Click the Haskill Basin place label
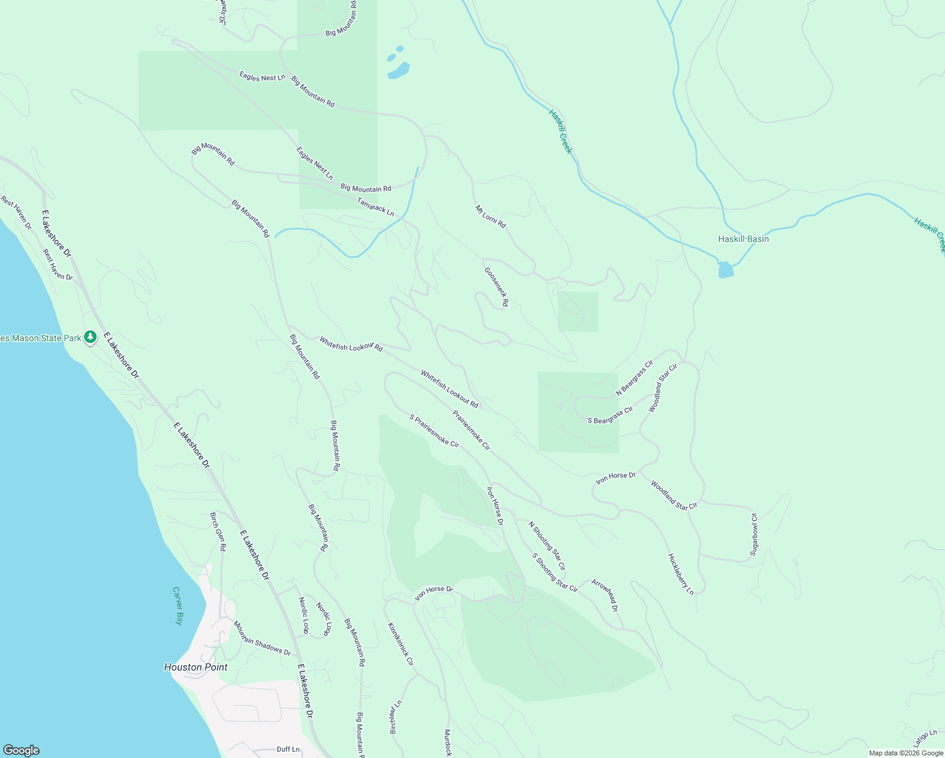(743, 239)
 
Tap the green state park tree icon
(90, 337)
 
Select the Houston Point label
(196, 667)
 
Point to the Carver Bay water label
(178, 606)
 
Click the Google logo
(21, 750)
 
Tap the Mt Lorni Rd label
(491, 216)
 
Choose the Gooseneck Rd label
(497, 287)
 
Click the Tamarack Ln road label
(375, 207)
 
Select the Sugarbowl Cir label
(754, 534)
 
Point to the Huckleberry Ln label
(681, 574)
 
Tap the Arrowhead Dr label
(605, 595)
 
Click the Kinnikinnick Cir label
(400, 644)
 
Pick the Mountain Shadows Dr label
(262, 638)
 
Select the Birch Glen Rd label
(218, 531)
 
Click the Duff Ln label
(288, 749)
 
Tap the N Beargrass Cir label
(634, 378)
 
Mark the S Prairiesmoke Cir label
(434, 430)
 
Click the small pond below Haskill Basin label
(726, 270)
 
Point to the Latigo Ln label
(925, 737)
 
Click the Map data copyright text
(906, 752)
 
